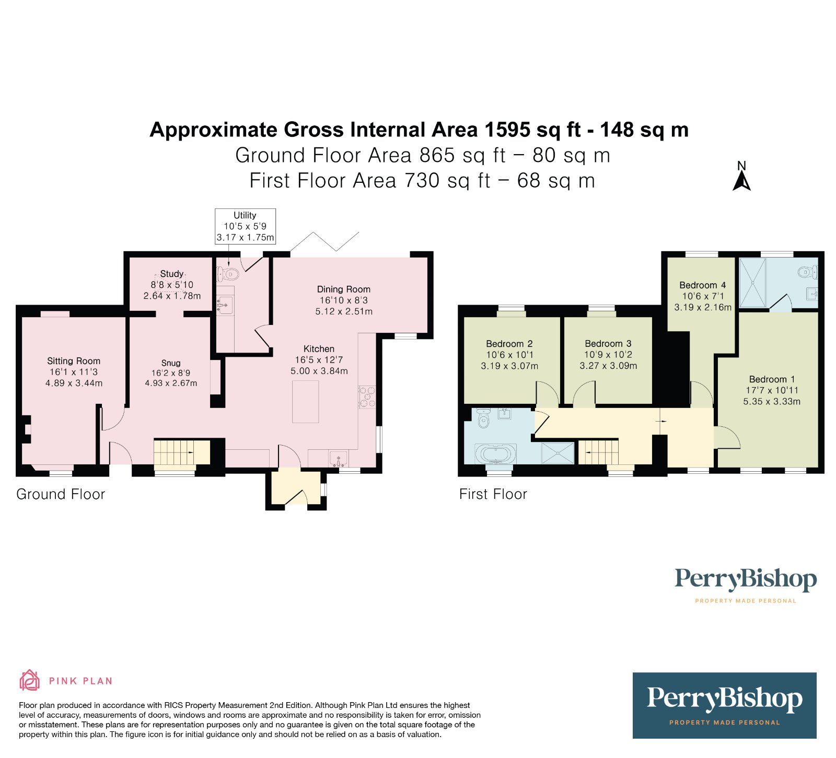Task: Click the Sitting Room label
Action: pos(74,361)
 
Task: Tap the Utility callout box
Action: pos(245,226)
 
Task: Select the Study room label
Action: pos(172,274)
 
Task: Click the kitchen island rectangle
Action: pos(306,401)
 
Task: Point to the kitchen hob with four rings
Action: pos(367,397)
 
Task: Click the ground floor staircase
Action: pos(181,451)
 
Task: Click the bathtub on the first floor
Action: pos(495,453)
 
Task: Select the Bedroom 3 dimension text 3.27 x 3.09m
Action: pos(608,366)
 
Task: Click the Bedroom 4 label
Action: pos(702,285)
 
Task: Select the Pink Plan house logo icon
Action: pos(30,680)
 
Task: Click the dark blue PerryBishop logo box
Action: pos(724,705)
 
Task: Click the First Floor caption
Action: pos(493,494)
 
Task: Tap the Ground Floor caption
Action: pos(61,494)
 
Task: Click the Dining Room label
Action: pos(343,289)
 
